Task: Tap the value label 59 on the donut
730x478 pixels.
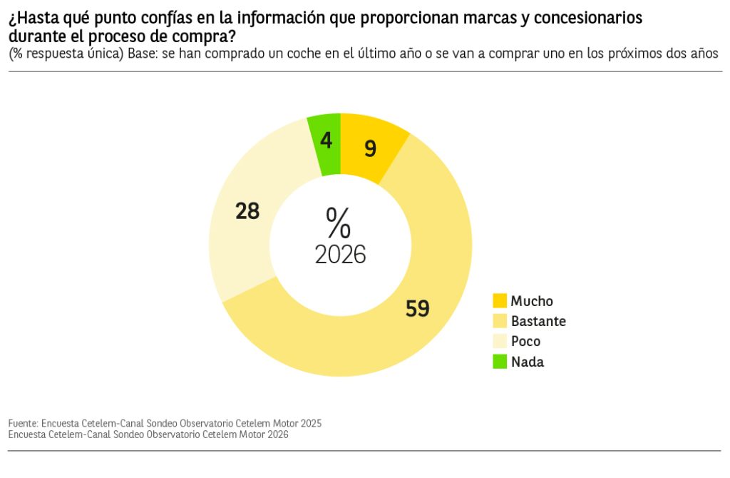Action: pyautogui.click(x=418, y=308)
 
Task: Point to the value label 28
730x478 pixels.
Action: pyautogui.click(x=247, y=211)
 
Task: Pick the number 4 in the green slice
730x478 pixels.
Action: pyautogui.click(x=327, y=141)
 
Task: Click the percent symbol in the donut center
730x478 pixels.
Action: pyautogui.click(x=339, y=223)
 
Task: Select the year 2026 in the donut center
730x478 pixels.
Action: pyautogui.click(x=341, y=254)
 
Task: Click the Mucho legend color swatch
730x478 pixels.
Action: pyautogui.click(x=500, y=301)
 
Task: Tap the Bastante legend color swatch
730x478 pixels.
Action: pyautogui.click(x=500, y=321)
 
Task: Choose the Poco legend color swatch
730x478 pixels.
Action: pyautogui.click(x=500, y=341)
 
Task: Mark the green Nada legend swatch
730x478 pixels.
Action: pyautogui.click(x=500, y=362)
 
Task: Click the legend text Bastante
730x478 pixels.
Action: pyautogui.click(x=538, y=321)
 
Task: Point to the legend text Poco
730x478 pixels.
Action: pyautogui.click(x=525, y=341)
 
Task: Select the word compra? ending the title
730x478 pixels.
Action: pyautogui.click(x=207, y=36)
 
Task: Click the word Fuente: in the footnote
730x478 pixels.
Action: pyautogui.click(x=24, y=423)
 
